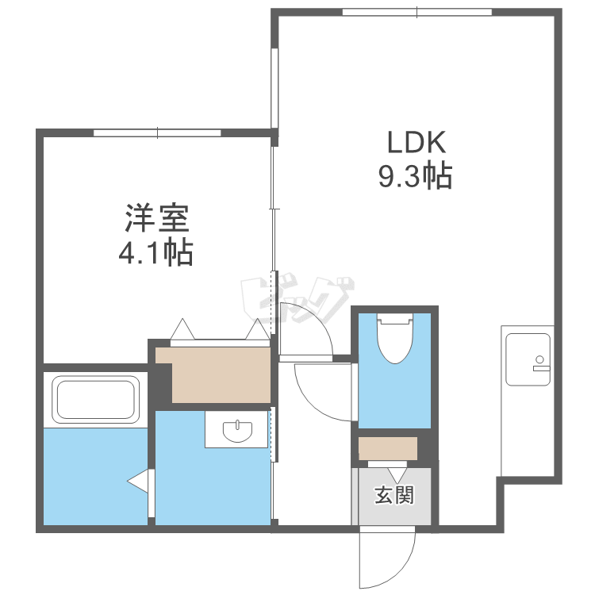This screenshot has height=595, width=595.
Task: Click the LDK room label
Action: pyautogui.click(x=416, y=142)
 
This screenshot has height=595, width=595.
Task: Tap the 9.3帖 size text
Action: pyautogui.click(x=415, y=175)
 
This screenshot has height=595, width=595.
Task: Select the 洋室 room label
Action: pyautogui.click(x=157, y=218)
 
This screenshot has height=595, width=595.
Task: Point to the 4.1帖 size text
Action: pyautogui.click(x=156, y=252)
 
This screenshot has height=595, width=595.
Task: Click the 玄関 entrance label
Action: pyautogui.click(x=394, y=495)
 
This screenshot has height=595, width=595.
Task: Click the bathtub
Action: pyautogui.click(x=95, y=398)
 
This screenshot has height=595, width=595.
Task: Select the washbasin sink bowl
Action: pyautogui.click(x=237, y=431)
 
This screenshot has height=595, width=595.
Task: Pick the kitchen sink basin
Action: pyautogui.click(x=528, y=359)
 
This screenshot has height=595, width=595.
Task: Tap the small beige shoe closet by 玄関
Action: pyautogui.click(x=388, y=448)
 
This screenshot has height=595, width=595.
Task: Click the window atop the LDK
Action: pyautogui.click(x=417, y=12)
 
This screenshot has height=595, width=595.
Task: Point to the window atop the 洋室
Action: pyautogui.click(x=157, y=132)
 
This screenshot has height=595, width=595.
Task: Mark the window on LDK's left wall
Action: pyautogui.click(x=274, y=88)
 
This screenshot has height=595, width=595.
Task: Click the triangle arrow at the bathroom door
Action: pyautogui.click(x=138, y=482)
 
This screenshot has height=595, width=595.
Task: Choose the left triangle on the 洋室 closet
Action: pyautogui.click(x=182, y=329)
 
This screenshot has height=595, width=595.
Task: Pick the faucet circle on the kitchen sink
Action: pyautogui.click(x=539, y=359)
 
